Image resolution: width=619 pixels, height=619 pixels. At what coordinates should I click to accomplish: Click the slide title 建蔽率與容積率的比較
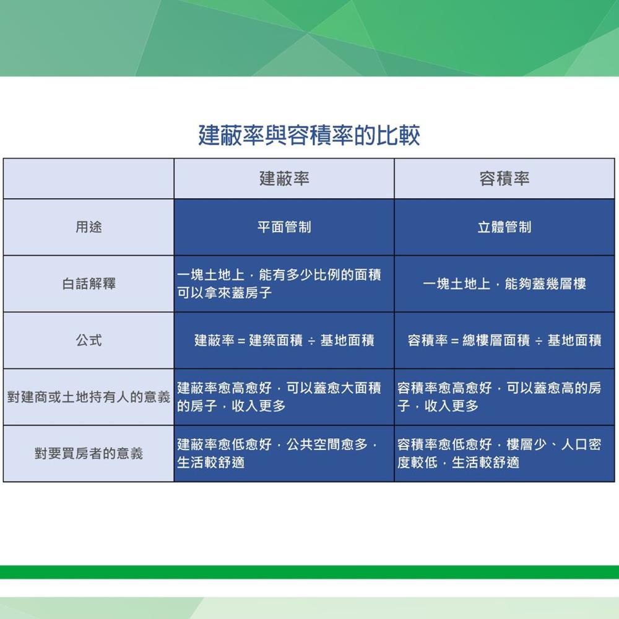309,135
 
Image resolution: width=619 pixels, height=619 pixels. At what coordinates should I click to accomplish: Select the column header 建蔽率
284,178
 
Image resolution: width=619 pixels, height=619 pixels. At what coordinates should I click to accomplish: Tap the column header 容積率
504,178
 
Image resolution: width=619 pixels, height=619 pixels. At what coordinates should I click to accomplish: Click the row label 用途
89,227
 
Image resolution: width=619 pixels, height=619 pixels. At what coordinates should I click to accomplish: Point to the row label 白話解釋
89,284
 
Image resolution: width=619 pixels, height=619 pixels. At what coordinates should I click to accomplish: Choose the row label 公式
89,340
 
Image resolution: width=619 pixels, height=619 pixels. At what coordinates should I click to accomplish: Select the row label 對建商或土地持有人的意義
89,397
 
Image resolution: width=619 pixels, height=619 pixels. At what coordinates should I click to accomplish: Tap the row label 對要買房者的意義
89,453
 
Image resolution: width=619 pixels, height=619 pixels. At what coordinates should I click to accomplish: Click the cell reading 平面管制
284,227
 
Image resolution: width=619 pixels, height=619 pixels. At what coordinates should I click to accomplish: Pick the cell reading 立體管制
504,227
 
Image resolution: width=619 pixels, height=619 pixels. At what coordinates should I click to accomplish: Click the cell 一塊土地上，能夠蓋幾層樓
504,284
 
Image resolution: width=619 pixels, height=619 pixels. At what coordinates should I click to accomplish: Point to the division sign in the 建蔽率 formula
311,340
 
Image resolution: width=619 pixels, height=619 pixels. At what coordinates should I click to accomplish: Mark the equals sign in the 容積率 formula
455,340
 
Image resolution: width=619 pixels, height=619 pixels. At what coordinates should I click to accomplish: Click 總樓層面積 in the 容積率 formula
496,340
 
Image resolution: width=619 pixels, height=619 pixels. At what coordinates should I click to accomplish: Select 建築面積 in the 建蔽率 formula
275,340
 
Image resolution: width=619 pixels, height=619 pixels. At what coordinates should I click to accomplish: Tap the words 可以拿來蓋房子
224,293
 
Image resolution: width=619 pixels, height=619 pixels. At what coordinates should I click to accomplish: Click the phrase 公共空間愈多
327,444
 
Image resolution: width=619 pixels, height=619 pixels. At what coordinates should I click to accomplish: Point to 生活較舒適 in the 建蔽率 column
211,462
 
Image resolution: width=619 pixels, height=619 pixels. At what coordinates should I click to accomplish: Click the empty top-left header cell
89,178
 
